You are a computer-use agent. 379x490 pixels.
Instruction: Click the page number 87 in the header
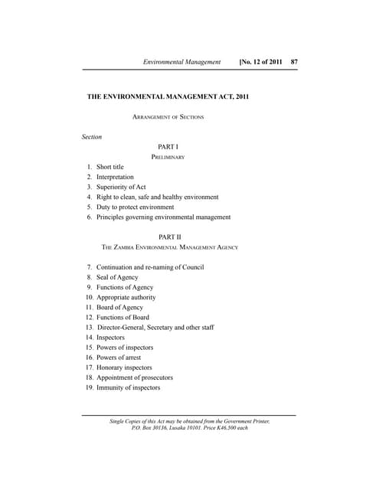click(293, 60)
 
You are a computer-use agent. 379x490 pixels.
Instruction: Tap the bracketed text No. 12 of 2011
click(261, 60)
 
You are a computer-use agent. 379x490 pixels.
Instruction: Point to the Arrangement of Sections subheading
click(168, 117)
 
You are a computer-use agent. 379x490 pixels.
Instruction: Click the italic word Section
click(92, 137)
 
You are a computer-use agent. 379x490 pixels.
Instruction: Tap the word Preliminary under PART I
click(168, 157)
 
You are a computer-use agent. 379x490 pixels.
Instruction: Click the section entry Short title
click(109, 167)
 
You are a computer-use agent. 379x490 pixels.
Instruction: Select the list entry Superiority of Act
click(121, 187)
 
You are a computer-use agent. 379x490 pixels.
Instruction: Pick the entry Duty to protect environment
click(135, 207)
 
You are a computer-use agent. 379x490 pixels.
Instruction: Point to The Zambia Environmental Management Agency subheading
click(170, 248)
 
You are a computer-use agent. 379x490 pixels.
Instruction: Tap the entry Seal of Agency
click(117, 277)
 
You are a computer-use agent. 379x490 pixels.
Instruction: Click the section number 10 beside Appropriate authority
click(90, 297)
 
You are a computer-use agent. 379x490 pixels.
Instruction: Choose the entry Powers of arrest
click(119, 358)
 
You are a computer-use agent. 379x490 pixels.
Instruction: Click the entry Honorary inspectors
click(124, 367)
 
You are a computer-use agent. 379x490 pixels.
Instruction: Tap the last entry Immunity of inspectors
click(128, 387)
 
